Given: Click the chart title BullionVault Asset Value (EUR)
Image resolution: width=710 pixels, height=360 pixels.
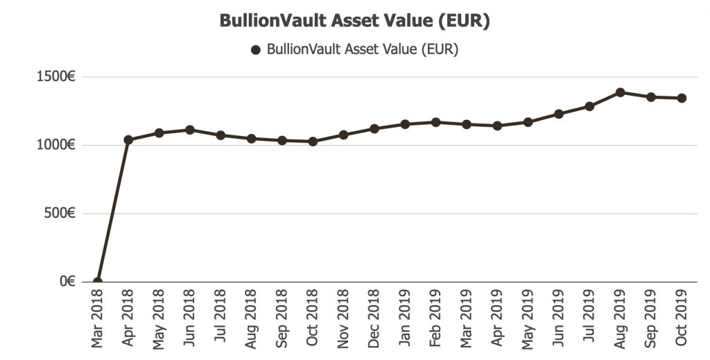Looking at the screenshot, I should (x=354, y=21).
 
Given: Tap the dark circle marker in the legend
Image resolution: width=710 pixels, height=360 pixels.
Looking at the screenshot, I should (x=255, y=50).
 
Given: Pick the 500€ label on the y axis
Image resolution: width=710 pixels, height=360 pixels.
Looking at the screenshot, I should (x=60, y=214).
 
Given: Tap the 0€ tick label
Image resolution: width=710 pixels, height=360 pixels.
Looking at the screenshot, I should (x=67, y=282).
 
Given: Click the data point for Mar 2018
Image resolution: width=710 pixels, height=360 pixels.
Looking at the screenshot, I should (x=97, y=282).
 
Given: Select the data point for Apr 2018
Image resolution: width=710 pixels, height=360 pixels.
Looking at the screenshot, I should (x=128, y=139).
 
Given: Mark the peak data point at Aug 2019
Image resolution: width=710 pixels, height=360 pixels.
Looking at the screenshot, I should (x=621, y=92).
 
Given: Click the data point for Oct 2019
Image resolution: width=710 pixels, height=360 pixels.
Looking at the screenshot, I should (x=682, y=98).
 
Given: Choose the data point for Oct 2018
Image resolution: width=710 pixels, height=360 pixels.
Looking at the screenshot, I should (x=313, y=142).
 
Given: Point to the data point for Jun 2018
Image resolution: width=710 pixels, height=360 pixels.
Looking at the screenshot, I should (x=189, y=130).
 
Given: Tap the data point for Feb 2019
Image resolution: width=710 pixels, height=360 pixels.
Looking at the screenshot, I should (x=435, y=122).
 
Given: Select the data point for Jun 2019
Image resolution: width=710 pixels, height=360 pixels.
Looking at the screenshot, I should (x=559, y=114).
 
